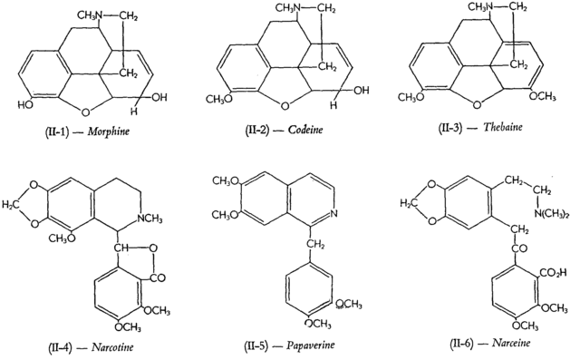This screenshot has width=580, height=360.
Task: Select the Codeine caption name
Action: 304,131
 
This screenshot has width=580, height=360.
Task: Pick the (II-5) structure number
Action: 243,345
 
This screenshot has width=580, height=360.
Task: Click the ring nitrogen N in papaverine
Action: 335,214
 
